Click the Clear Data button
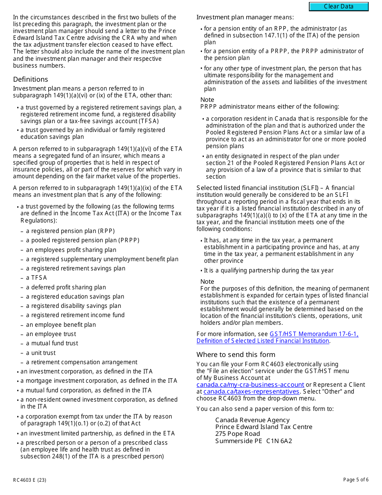[x=339, y=6]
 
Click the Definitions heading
[x=31, y=79]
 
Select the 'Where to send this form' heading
[x=236, y=355]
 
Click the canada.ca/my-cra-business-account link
[x=250, y=385]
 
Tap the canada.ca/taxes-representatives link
[x=251, y=392]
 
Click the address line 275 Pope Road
[x=238, y=434]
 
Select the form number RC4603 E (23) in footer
[x=27, y=480]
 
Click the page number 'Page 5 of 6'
[x=355, y=480]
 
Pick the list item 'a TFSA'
[x=37, y=278]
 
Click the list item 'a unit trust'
[x=41, y=353]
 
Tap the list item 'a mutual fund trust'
[x=52, y=343]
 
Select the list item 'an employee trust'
[x=51, y=334]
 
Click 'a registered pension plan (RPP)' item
[x=70, y=231]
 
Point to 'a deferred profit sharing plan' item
[x=66, y=287]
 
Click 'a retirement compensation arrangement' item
[x=82, y=362]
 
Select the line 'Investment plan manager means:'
[x=245, y=17]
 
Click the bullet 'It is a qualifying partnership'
[x=269, y=270]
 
